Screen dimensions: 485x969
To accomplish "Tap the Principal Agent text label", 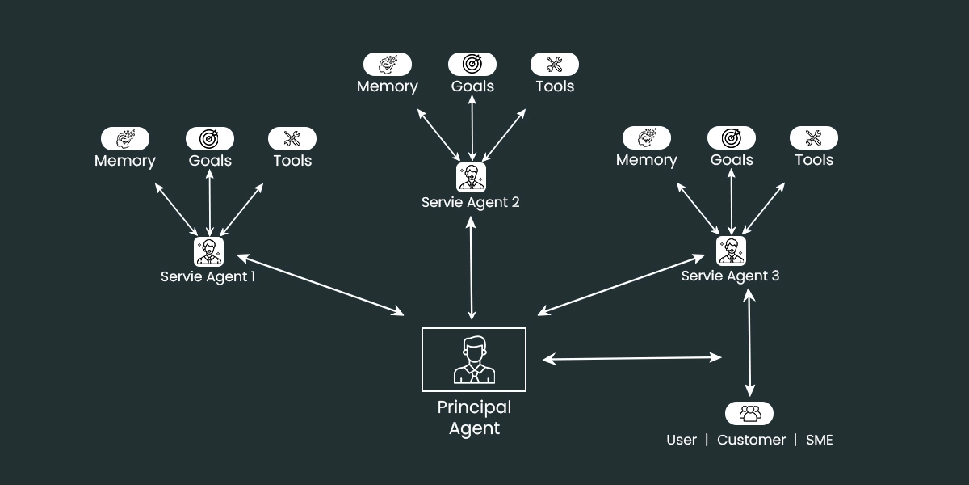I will tap(474, 418).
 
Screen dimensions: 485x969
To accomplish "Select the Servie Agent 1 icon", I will tap(208, 251).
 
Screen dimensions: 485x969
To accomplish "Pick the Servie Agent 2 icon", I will tap(471, 177).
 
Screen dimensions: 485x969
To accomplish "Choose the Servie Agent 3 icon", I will tap(731, 251).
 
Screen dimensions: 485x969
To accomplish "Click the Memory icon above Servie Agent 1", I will tap(125, 138).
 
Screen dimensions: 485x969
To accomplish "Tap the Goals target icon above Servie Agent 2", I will tap(472, 64).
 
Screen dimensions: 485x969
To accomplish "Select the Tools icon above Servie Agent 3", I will tap(814, 137).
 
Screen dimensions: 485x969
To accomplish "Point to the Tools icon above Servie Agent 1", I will tap(292, 138).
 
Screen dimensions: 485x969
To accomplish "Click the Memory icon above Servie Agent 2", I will tap(388, 64).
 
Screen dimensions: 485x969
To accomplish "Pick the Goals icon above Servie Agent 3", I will tap(732, 137).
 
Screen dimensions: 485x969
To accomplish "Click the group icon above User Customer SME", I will tap(749, 413).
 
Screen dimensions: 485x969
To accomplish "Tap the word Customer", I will tap(751, 440).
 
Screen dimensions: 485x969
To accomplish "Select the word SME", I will tap(819, 440).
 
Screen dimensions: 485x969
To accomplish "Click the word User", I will tap(682, 440).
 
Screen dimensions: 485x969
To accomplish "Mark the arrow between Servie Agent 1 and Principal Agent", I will tap(320, 285).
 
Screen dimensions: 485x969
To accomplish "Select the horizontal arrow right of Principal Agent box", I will tap(631, 357).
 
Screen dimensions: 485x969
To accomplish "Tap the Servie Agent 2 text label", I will tap(471, 202).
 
